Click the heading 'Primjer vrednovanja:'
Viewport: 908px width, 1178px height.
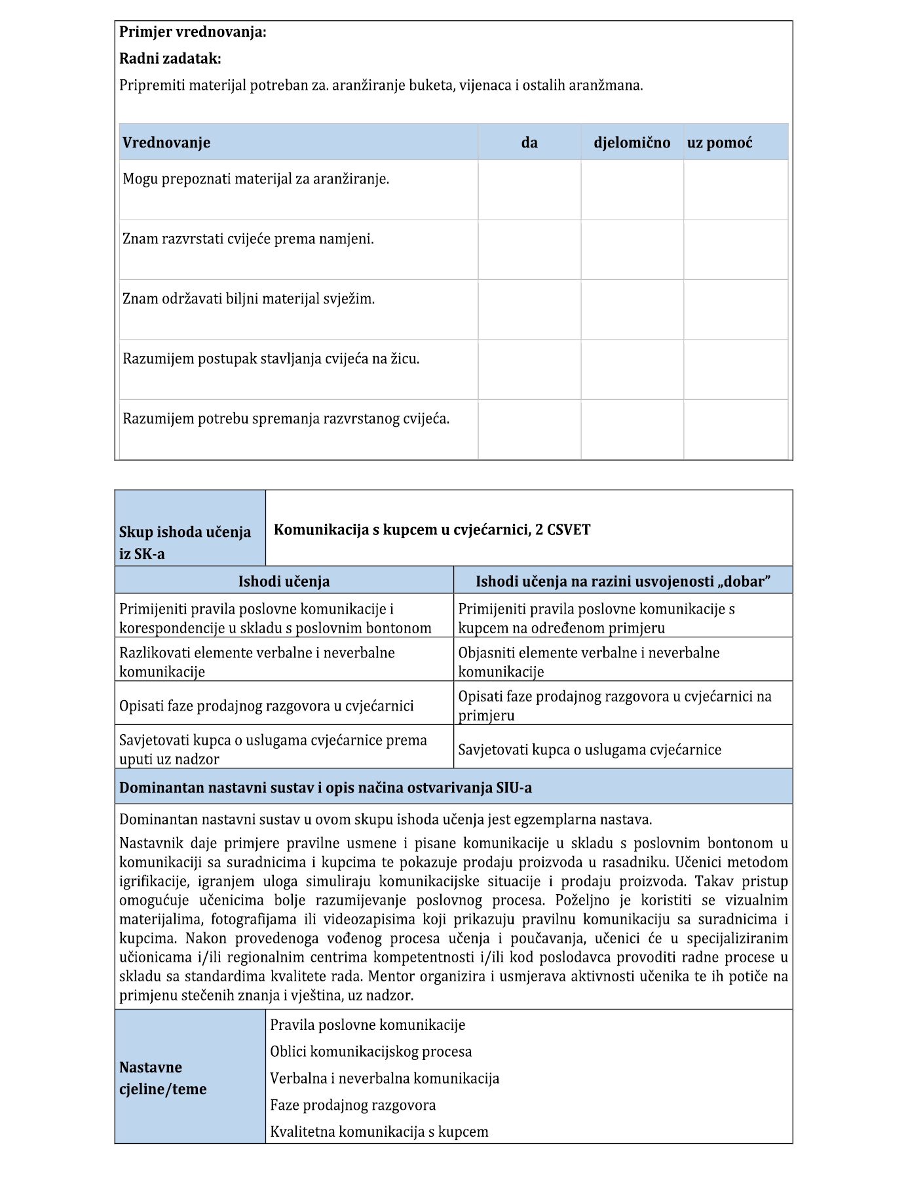(193, 32)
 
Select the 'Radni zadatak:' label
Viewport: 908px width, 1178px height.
(170, 59)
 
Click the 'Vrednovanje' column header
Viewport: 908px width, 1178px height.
(166, 143)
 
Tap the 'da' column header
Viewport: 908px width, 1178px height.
(529, 143)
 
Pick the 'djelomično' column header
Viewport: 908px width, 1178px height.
(632, 143)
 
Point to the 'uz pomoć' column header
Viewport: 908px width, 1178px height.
(719, 143)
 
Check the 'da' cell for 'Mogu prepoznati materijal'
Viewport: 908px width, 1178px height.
(529, 189)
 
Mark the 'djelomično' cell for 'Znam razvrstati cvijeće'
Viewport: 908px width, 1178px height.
(632, 250)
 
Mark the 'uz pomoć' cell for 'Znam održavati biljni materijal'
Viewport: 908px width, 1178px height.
(735, 309)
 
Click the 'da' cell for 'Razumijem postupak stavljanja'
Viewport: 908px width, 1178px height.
(529, 369)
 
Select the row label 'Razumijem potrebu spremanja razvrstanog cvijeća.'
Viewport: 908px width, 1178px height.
(286, 419)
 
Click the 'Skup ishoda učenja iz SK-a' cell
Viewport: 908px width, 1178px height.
(185, 542)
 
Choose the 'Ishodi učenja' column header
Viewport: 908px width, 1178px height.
(284, 581)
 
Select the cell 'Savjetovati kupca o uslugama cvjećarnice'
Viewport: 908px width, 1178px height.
(590, 750)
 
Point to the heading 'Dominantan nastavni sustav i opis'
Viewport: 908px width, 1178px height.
(326, 788)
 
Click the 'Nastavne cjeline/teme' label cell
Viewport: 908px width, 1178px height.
(163, 1078)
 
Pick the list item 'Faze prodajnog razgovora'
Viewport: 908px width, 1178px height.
(353, 1105)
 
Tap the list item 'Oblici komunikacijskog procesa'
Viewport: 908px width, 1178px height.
(371, 1051)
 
